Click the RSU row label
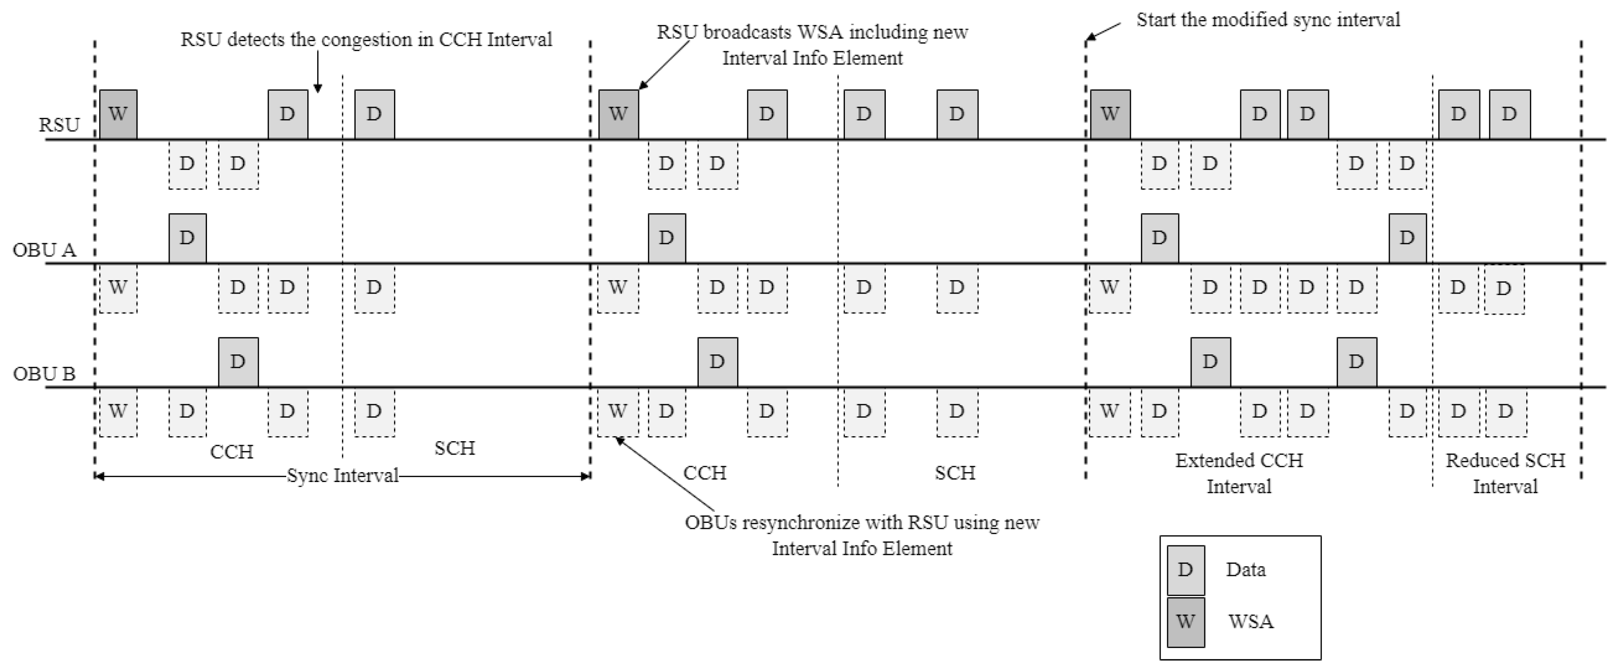(x=59, y=125)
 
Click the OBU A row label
(x=44, y=250)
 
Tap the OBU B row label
(x=44, y=374)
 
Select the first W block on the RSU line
(x=118, y=114)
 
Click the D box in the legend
(x=1185, y=570)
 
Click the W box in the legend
(x=1185, y=622)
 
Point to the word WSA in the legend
(x=1250, y=622)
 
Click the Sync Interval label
(x=342, y=476)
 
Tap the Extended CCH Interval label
(x=1238, y=473)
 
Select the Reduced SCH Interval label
(x=1505, y=473)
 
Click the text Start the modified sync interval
(x=1268, y=19)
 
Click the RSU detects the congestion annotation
(x=366, y=39)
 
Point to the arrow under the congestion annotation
(x=318, y=72)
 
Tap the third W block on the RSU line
(x=1110, y=114)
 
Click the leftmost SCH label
(x=454, y=448)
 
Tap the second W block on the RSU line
(x=618, y=114)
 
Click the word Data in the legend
(x=1245, y=570)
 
